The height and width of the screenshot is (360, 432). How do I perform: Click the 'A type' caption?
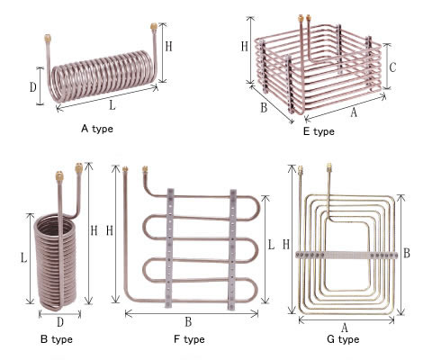(97, 129)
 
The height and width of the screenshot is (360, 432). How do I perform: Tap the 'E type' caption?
(319, 131)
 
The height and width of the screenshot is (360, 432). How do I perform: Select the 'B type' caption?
(57, 339)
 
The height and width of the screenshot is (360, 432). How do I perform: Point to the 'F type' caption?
(189, 339)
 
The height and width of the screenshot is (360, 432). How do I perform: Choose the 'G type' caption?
(343, 339)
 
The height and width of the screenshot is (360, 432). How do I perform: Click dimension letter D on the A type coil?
(32, 87)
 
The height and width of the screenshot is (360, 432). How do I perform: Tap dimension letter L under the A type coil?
(112, 104)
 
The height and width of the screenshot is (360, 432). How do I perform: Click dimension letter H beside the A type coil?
(168, 47)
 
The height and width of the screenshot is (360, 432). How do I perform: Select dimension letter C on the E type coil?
(392, 67)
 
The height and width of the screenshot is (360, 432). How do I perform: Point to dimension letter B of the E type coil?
(264, 107)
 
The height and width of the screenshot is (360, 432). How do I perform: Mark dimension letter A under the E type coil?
(354, 112)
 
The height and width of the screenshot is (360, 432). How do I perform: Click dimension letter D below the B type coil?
(60, 322)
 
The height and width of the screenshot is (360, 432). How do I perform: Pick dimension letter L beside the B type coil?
(23, 258)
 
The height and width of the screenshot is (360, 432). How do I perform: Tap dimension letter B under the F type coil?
(188, 321)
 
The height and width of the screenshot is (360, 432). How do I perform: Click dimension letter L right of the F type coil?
(271, 245)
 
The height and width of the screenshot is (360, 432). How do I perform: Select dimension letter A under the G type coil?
(345, 328)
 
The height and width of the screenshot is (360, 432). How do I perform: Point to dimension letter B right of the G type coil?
(407, 253)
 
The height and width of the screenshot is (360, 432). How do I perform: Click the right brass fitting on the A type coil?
(154, 27)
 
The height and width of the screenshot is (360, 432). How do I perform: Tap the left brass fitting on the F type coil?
(125, 169)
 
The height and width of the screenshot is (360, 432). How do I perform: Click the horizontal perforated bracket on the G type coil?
(346, 255)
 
